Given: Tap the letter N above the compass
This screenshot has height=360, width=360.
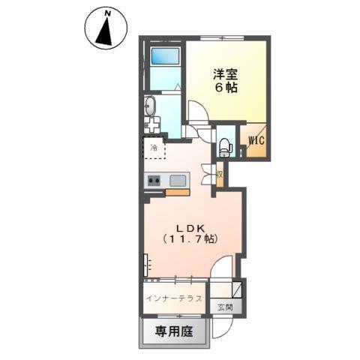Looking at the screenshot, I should [108, 13].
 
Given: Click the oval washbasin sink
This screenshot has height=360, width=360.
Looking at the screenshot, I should [148, 105].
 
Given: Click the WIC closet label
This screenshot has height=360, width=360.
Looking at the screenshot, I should [253, 140].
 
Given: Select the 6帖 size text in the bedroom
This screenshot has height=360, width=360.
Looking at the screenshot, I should [225, 87].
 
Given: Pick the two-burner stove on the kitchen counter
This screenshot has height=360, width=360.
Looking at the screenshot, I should [154, 180].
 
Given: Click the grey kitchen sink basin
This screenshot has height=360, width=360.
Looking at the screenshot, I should [178, 180].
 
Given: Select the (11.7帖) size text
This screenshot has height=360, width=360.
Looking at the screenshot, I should [191, 240].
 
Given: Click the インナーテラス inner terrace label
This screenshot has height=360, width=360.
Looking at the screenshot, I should [174, 298].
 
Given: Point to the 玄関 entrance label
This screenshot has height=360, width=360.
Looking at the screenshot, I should [225, 307].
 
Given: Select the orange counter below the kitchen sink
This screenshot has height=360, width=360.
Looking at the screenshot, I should [178, 193].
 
